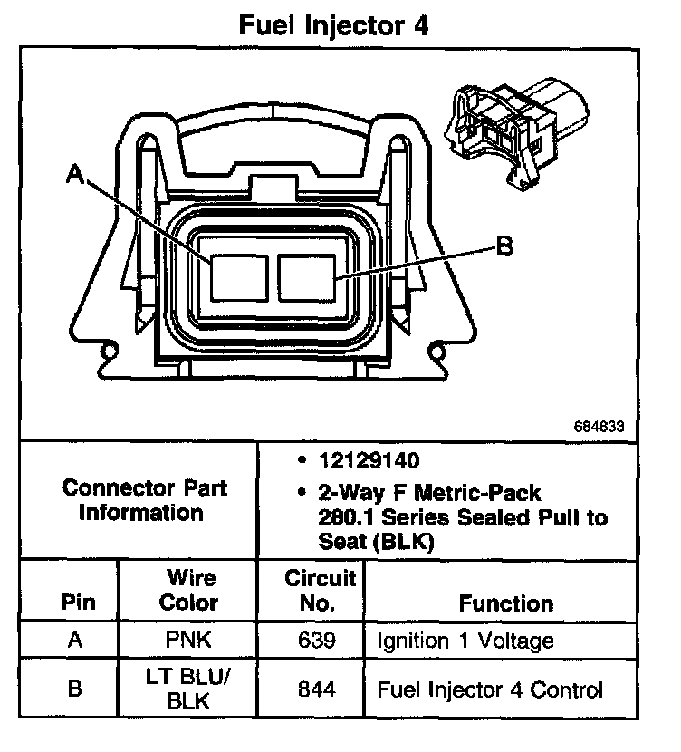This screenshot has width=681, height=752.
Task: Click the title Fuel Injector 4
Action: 332,24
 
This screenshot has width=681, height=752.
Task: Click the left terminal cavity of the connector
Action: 237,277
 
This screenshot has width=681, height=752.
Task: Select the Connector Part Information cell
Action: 144,500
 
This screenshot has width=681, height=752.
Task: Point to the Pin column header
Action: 77,603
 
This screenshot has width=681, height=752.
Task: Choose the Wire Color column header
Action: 188,590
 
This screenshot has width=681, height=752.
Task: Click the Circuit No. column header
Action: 320,590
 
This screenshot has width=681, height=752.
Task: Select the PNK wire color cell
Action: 188,641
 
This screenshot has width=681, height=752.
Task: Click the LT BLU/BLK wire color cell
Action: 188,689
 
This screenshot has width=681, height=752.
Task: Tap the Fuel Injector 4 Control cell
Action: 489,690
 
